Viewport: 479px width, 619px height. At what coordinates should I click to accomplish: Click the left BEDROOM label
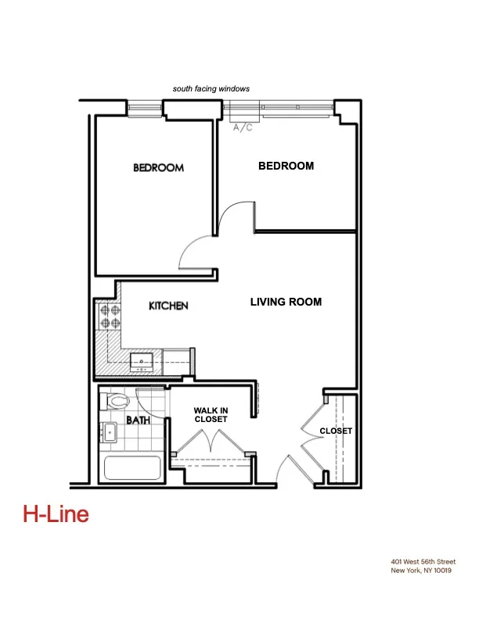coord(158,168)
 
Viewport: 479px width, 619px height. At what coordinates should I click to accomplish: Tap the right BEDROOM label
coord(286,166)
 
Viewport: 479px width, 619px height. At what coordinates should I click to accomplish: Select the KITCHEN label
coord(168,306)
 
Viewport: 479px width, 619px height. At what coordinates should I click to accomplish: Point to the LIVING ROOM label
coord(286,302)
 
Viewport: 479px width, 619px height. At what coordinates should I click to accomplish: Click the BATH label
coord(139,420)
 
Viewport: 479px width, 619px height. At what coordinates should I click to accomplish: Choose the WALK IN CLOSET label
coord(211,414)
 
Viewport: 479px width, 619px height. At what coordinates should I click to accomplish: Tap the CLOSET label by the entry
coord(336,431)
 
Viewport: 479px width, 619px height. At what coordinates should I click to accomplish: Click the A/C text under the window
coord(243,127)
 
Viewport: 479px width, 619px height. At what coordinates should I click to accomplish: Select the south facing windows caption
coord(211,89)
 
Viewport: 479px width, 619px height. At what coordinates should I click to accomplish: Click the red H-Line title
coord(56,514)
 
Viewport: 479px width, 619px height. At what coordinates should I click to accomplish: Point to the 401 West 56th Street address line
coord(423,562)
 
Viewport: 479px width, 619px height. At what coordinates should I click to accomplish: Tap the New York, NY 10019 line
coord(422,571)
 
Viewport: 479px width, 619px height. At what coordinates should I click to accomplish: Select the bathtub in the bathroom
coord(133,469)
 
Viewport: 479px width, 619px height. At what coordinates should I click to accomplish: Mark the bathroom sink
coord(110,431)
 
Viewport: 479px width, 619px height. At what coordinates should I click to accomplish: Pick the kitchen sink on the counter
coord(142,361)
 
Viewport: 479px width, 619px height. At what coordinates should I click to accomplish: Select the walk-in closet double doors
coord(211,444)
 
